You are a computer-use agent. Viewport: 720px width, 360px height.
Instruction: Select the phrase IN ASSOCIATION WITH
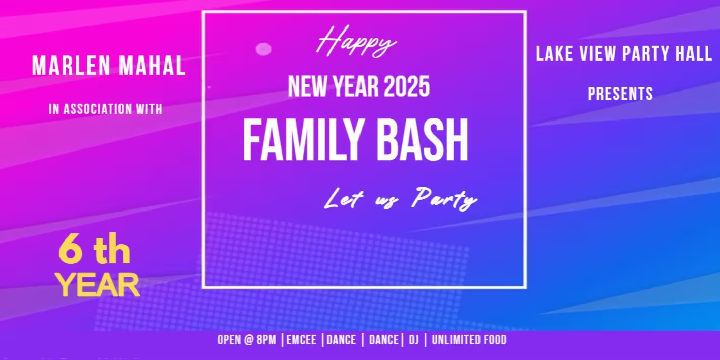tap(105, 109)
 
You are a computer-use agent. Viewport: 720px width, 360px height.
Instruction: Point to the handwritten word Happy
tap(356, 42)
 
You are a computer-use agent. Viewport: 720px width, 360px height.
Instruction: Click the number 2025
tap(407, 87)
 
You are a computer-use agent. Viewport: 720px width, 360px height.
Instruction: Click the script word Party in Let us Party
tap(444, 199)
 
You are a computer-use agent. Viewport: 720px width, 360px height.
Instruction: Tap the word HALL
tap(694, 54)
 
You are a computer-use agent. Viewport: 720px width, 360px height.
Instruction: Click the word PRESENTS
tap(620, 94)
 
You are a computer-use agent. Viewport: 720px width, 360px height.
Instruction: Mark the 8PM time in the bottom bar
tap(266, 340)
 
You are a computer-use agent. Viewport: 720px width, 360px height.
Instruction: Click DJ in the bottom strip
tap(414, 340)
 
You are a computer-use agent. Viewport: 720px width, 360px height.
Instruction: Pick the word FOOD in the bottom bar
tap(493, 340)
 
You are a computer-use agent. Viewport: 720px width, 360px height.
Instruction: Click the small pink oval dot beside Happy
tap(263, 49)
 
